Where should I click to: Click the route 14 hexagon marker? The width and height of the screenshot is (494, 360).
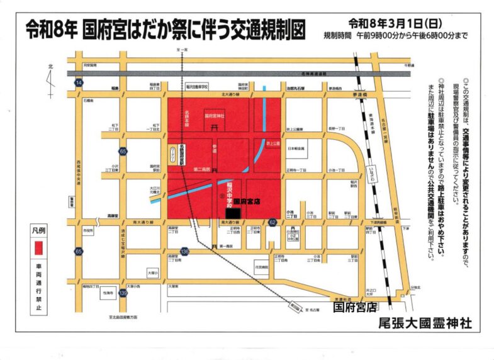(78, 83)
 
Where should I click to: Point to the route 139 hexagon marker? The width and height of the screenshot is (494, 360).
(125, 293)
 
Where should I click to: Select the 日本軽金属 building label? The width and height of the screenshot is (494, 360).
(296, 149)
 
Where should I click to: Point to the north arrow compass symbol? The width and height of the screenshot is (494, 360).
(51, 79)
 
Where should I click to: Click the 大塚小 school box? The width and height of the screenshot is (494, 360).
(153, 274)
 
